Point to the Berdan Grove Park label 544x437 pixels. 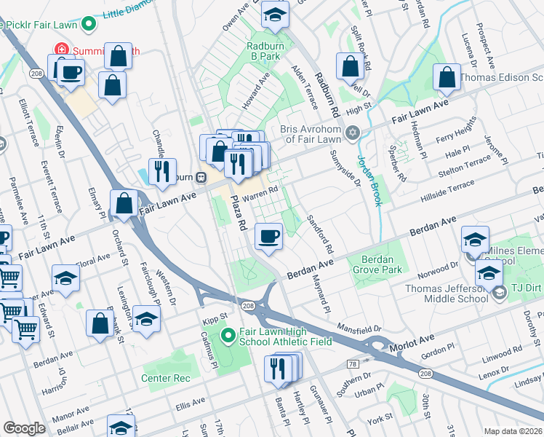click(377, 265)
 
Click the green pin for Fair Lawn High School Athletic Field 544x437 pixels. click(228, 336)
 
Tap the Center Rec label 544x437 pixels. click(167, 378)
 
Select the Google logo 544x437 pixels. click(24, 428)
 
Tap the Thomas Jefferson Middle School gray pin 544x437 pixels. click(499, 294)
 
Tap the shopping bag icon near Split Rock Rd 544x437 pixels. click(351, 66)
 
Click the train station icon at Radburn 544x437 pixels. click(207, 177)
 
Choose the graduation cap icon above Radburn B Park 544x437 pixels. click(275, 15)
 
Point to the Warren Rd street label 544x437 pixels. click(260, 192)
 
